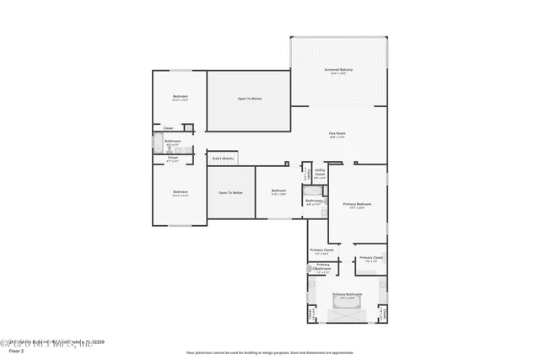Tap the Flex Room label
pos(339,134)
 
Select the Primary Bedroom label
pos(357,204)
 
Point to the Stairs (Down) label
pos(223,158)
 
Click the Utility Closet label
pos(320,175)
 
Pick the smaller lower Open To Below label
pos(230,193)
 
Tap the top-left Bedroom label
pos(180,97)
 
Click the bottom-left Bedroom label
pos(180,192)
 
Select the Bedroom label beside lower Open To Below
pos(278,191)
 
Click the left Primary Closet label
pos(321,250)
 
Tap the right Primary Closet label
pos(370,258)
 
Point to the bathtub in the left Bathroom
pos(158,143)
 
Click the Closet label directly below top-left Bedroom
pos(169,128)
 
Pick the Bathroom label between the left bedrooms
pos(173,142)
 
